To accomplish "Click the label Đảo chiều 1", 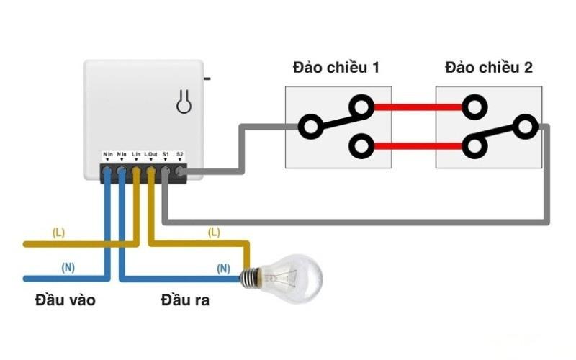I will click(336, 68).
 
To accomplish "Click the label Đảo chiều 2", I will click(489, 68).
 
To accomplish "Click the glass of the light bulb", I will click(297, 276).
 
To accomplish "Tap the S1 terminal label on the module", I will click(166, 154).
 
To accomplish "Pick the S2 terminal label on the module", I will click(180, 154).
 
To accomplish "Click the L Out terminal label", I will click(150, 154).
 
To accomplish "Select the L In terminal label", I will click(136, 154).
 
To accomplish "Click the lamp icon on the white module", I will click(185, 103).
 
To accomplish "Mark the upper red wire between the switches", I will click(418, 107).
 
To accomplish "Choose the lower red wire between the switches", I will click(418, 146).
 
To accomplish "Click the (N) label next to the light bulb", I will click(223, 268).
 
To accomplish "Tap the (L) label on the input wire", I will click(58, 233).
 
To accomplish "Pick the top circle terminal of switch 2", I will click(472, 107).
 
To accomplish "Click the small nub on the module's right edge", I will click(207, 76).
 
